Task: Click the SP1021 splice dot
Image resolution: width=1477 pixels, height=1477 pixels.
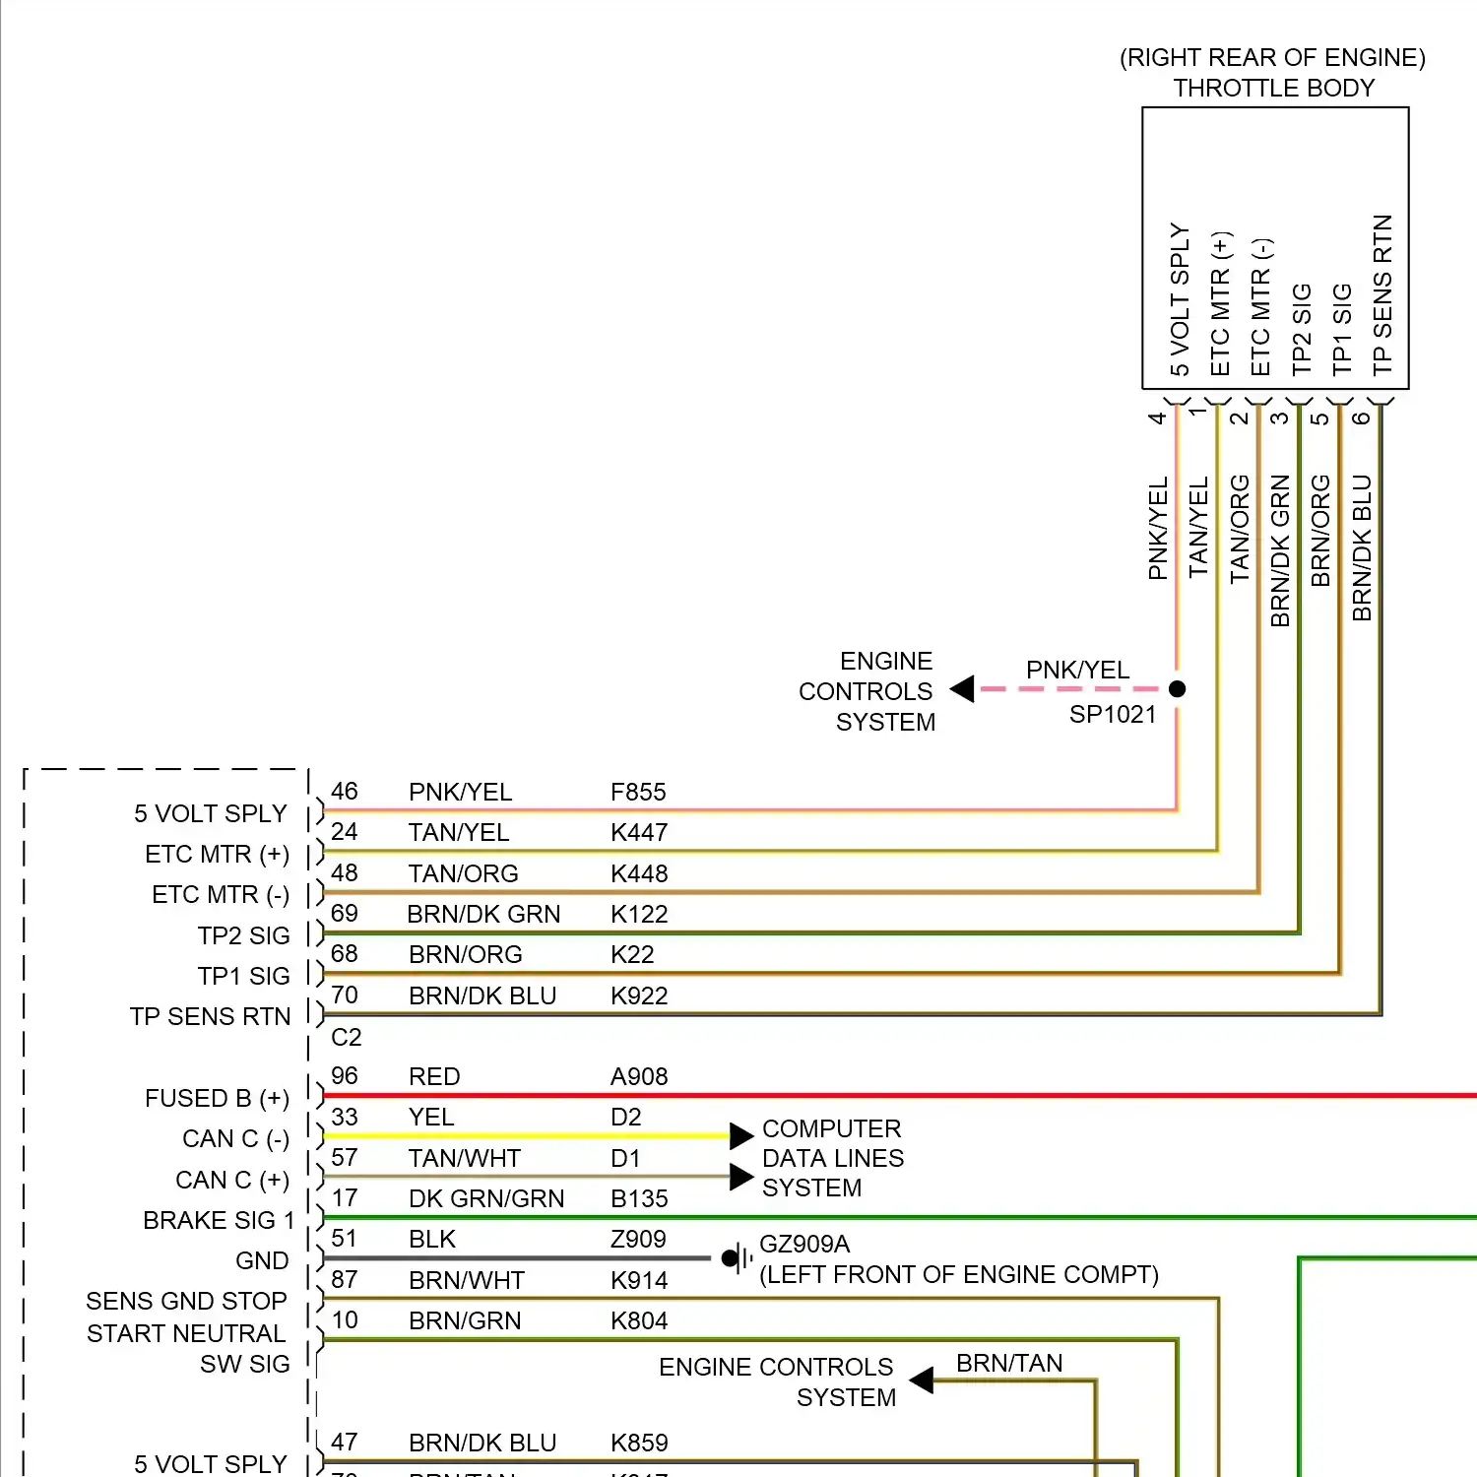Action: pyautogui.click(x=1177, y=689)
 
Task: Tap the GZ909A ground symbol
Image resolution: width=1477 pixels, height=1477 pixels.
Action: pyautogui.click(x=734, y=1257)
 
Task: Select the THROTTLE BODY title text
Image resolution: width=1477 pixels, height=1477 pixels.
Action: pyautogui.click(x=1273, y=88)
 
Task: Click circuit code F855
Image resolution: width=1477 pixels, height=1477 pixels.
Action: pyautogui.click(x=638, y=792)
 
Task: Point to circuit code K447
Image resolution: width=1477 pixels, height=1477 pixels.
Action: pyautogui.click(x=639, y=832)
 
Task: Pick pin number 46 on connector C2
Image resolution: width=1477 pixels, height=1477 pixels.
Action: pyautogui.click(x=345, y=791)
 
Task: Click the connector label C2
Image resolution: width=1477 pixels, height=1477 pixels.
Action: pyautogui.click(x=346, y=1037)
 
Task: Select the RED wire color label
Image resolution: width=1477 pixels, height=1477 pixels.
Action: pyautogui.click(x=434, y=1076)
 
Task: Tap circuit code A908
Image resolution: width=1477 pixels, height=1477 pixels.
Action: pyautogui.click(x=639, y=1076)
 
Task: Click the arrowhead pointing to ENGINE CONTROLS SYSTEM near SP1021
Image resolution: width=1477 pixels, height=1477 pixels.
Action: pyautogui.click(x=963, y=689)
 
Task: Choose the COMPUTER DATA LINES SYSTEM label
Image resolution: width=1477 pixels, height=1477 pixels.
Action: pyautogui.click(x=832, y=1158)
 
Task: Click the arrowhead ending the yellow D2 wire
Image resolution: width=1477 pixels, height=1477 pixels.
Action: pyautogui.click(x=741, y=1136)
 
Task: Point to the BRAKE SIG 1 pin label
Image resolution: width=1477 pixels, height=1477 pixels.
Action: pyautogui.click(x=219, y=1220)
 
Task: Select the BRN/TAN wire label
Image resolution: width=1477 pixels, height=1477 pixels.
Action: pyautogui.click(x=1009, y=1363)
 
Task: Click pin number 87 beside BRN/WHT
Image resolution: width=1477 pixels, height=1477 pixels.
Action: pyautogui.click(x=345, y=1279)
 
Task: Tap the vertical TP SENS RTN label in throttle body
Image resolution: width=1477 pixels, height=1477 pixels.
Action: pyautogui.click(x=1381, y=294)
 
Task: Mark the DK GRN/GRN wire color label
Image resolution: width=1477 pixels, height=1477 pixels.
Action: pyautogui.click(x=486, y=1198)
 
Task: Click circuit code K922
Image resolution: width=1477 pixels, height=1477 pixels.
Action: pyautogui.click(x=639, y=995)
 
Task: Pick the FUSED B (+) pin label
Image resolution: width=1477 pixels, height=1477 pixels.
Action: pyautogui.click(x=217, y=1098)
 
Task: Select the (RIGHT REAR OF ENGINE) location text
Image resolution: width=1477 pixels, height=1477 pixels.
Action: pyautogui.click(x=1272, y=57)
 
